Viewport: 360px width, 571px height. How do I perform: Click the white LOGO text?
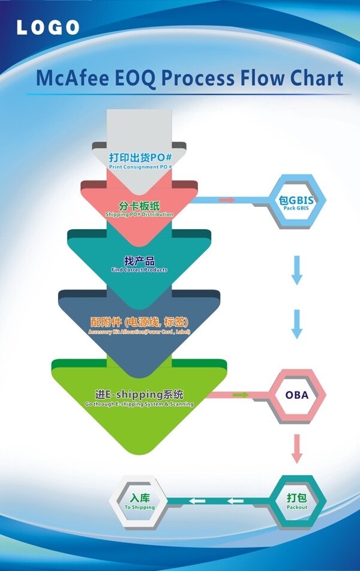tap(48, 27)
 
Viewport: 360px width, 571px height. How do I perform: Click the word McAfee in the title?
tap(73, 79)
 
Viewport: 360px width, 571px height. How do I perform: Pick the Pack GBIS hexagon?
tap(297, 202)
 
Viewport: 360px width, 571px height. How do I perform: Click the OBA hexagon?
tap(297, 395)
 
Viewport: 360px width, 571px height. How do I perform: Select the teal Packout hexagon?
tap(297, 501)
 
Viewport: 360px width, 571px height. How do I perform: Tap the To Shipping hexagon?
tap(140, 501)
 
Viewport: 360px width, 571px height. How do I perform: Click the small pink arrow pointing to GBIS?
tap(227, 200)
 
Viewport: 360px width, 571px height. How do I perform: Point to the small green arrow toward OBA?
tap(241, 395)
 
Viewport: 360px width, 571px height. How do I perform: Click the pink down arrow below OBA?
tap(296, 448)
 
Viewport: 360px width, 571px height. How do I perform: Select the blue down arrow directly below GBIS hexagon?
tap(296, 270)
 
